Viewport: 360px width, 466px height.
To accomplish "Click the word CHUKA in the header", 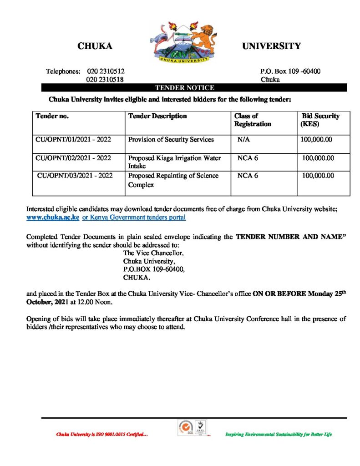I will (95, 46).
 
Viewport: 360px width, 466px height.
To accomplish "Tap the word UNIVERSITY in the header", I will (271, 46).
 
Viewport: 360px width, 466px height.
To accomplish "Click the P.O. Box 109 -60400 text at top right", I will (290, 71).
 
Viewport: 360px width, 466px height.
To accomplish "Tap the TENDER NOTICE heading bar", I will (185, 87).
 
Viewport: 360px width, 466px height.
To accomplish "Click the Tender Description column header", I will (157, 116).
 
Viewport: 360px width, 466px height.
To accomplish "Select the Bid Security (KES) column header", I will (320, 120).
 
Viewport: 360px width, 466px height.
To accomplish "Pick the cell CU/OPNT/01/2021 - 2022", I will (73, 140).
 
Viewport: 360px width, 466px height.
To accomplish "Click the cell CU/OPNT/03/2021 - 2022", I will (75, 175).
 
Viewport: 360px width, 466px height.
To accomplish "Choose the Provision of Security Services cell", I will (171, 140).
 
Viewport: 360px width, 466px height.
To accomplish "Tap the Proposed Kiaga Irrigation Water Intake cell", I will (174, 162).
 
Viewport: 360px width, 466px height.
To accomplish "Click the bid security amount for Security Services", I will (316, 140).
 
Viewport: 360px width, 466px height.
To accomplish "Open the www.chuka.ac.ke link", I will (53, 218).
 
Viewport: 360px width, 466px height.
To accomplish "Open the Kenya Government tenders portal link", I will (134, 218).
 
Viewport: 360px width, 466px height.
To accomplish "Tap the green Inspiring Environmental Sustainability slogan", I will (279, 435).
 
